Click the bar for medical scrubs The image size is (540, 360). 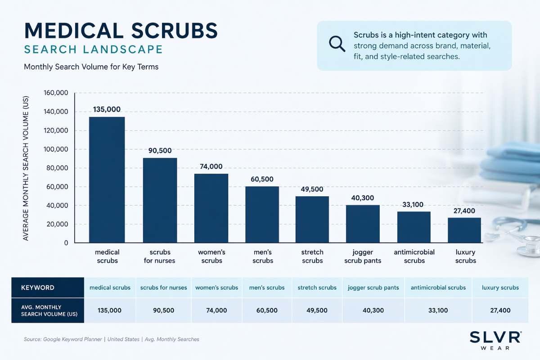[107, 180]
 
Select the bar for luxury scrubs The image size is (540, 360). [465, 230]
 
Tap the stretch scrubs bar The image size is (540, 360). [312, 219]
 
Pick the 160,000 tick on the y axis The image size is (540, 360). [55, 93]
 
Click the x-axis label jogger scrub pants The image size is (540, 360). [363, 256]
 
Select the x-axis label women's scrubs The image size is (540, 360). [211, 256]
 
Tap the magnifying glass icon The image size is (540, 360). [337, 43]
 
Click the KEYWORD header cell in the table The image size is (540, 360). [38, 288]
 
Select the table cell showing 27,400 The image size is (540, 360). [500, 310]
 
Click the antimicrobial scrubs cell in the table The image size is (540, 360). [438, 288]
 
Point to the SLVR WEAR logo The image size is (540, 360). [495, 341]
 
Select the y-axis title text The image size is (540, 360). [26, 168]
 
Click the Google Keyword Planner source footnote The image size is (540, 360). [111, 339]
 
